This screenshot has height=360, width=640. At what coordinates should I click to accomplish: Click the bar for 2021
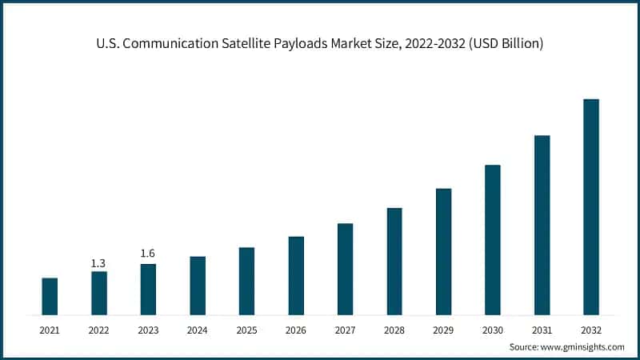[x=50, y=296]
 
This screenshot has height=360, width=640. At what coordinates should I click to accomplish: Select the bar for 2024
[x=198, y=286]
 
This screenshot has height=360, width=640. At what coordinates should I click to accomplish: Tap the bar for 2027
[x=345, y=269]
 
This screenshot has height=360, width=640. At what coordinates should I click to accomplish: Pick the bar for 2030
[x=493, y=239]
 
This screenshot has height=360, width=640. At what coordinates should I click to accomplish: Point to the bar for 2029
[x=444, y=251]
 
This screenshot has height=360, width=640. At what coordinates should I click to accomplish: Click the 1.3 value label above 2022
[x=98, y=263]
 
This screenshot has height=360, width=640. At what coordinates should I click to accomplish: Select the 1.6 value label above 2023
[x=148, y=254]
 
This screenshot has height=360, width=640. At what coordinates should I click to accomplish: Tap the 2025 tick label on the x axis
[x=246, y=329]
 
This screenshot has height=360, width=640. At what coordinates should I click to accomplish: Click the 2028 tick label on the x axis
[x=394, y=329]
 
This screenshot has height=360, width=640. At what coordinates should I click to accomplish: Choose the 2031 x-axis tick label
[x=542, y=329]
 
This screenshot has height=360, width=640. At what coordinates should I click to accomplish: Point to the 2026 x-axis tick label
[x=296, y=329]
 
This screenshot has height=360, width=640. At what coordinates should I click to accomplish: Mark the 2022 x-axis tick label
[x=98, y=329]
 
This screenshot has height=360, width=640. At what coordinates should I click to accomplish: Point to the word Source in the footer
[x=526, y=347]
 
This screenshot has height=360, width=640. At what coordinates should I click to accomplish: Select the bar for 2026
[x=296, y=275]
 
